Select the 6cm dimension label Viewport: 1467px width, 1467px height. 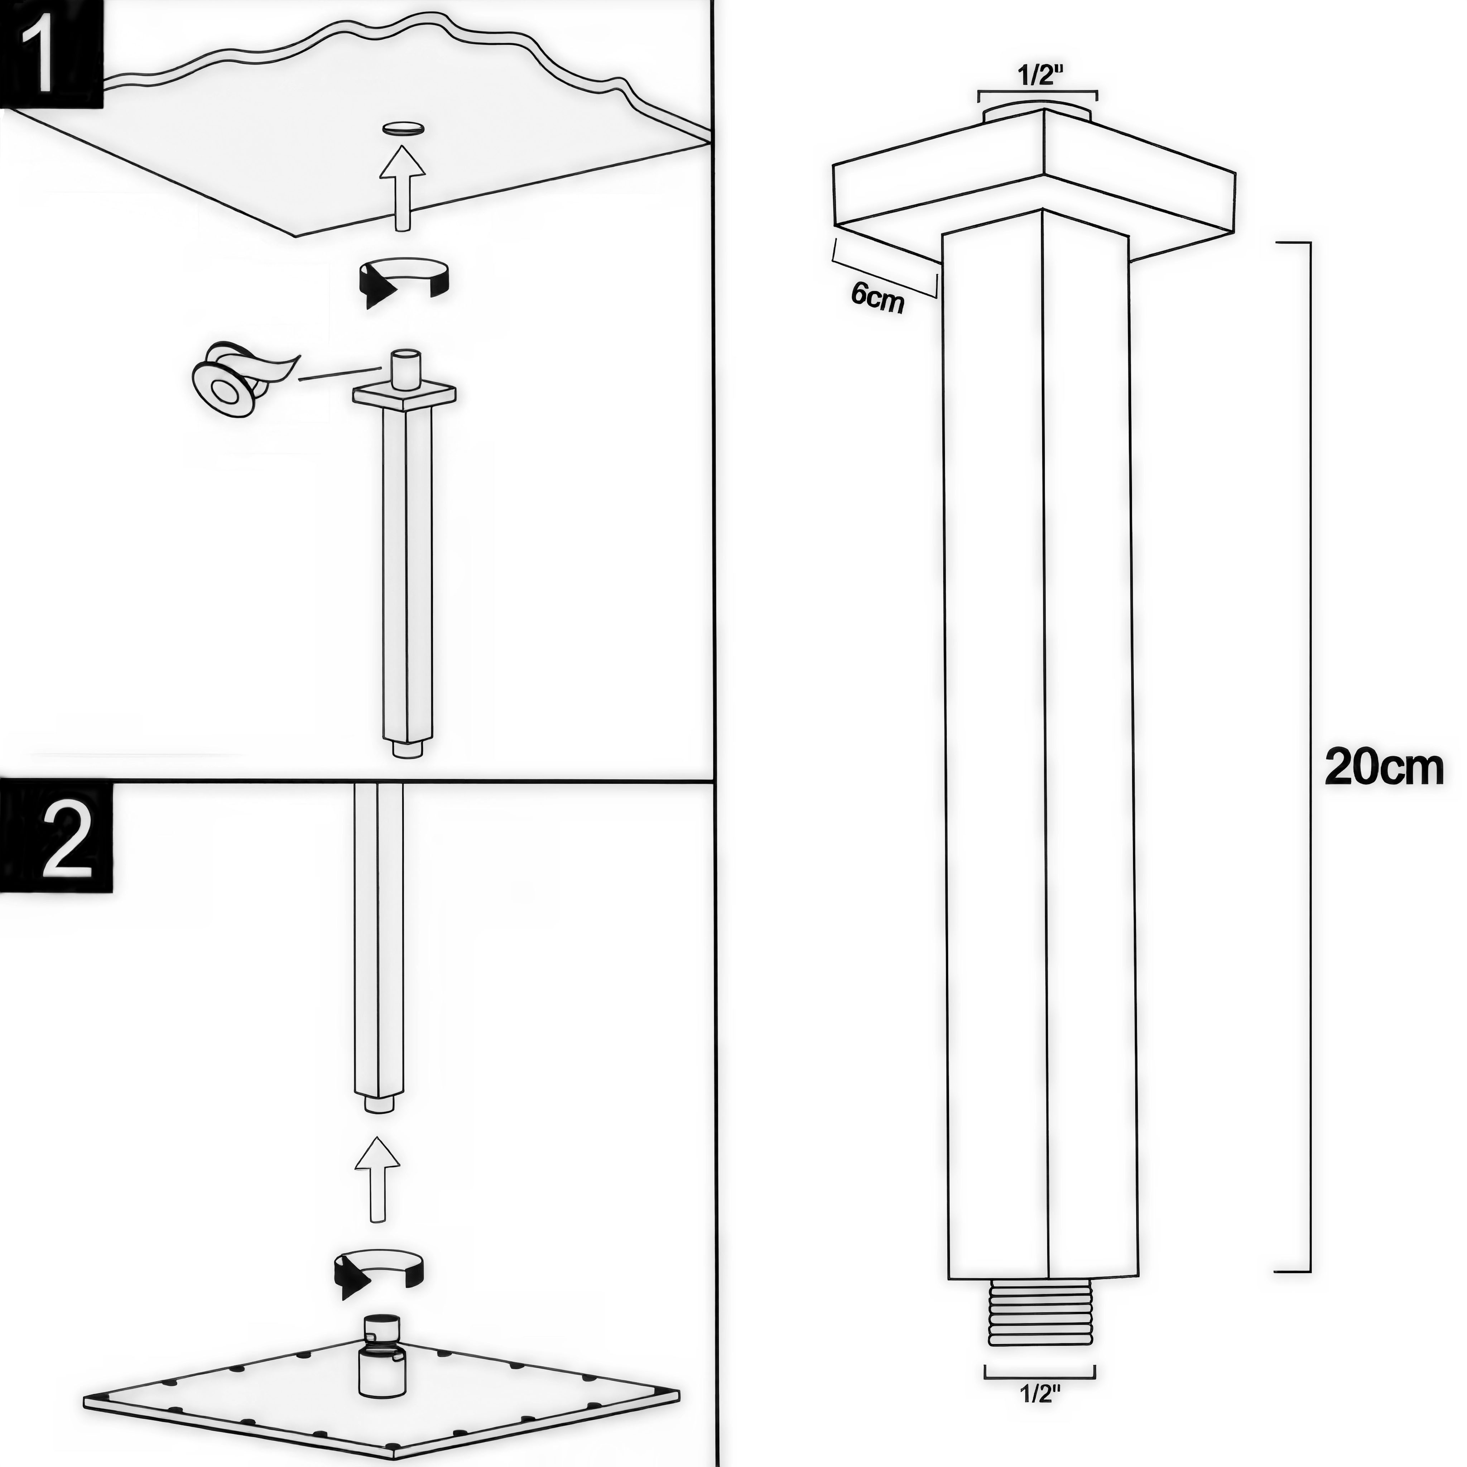877,298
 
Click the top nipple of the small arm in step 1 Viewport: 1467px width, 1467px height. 404,367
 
